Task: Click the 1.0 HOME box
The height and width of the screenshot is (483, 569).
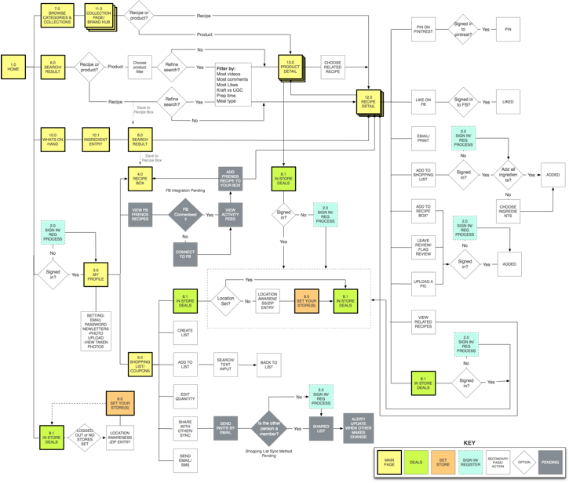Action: [x=13, y=67]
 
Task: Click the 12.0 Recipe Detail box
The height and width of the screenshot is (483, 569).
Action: [x=368, y=102]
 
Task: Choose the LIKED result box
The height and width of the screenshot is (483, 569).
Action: [x=508, y=101]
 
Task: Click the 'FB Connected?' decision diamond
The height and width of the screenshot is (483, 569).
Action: [x=185, y=213]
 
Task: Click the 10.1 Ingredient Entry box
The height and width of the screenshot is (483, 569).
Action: [x=96, y=138]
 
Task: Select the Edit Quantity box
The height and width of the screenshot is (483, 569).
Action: [x=185, y=397]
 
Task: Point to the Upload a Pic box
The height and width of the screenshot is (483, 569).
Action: [x=423, y=283]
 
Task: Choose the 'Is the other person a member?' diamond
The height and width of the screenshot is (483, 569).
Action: [x=269, y=428]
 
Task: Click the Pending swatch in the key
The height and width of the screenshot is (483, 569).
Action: [x=550, y=463]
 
